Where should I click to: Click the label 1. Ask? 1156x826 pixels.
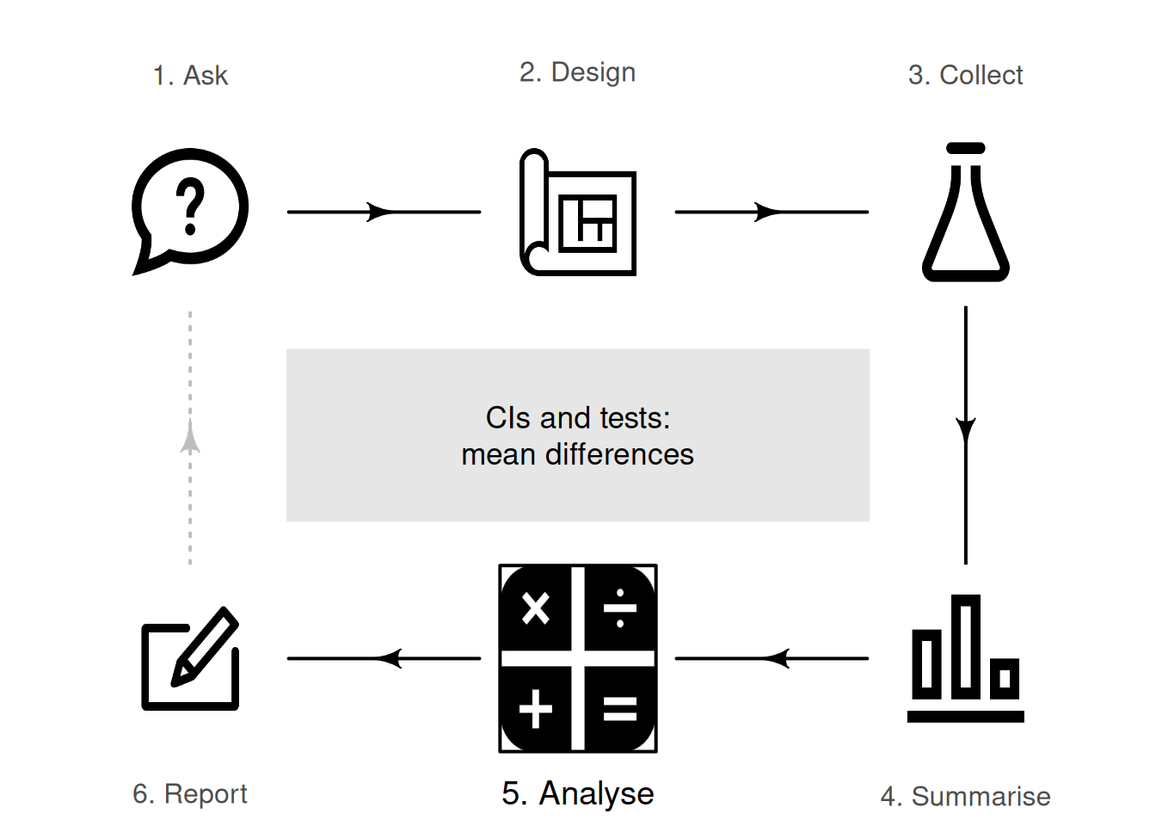190,76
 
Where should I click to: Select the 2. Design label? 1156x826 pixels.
577,72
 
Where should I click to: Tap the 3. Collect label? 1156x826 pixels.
965,76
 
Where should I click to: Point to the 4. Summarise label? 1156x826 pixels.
965,796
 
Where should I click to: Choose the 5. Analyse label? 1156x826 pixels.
577,793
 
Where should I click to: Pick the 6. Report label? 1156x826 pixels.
190,793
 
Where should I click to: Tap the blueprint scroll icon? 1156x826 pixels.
577,213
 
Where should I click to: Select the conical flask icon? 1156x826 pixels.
965,213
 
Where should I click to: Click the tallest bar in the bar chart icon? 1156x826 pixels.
966,646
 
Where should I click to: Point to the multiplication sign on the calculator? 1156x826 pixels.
535,608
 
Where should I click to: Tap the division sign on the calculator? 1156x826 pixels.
620,608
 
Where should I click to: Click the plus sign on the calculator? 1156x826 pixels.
535,709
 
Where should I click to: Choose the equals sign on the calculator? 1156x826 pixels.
620,709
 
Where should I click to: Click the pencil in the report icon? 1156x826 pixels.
205,647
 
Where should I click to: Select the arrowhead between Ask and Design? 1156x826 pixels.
380,212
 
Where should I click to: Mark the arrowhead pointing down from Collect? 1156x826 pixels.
966,431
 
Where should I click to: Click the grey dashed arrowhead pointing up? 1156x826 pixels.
190,437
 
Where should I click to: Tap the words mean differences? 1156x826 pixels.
577,455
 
